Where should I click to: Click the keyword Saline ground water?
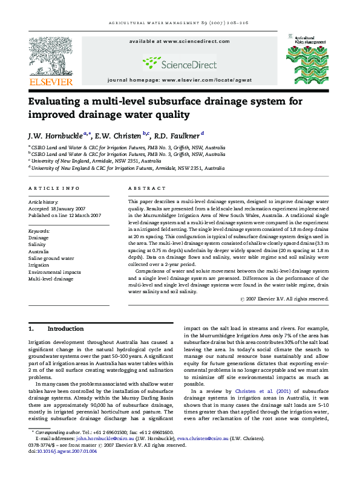[51, 258]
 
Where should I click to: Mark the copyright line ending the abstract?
[284, 298]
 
